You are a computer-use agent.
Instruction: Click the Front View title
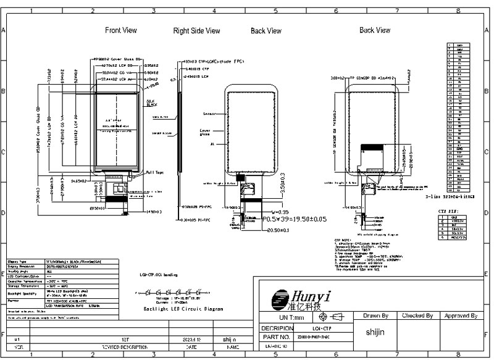121,30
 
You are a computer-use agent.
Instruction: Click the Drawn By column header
375,316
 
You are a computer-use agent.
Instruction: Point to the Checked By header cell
417,316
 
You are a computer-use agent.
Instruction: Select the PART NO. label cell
275,338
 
